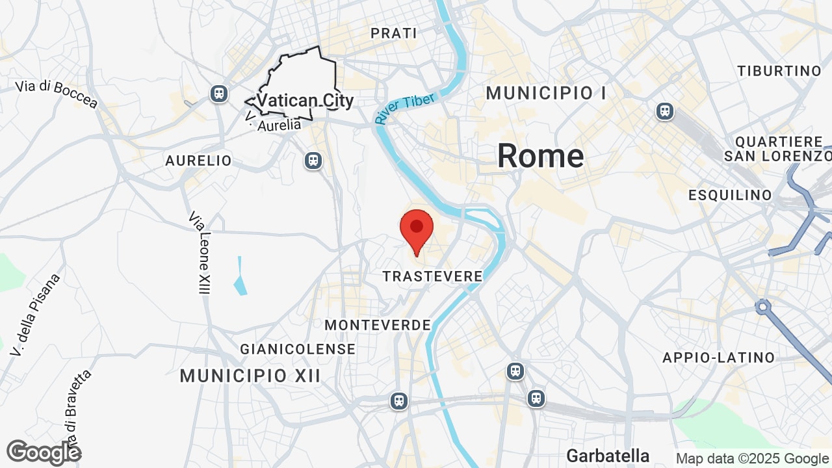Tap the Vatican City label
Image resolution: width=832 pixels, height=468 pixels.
pos(305,101)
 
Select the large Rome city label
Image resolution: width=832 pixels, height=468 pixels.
pos(540,156)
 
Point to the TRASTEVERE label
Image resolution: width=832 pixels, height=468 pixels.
pos(432,276)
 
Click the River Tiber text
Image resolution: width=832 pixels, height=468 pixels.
pos(404,109)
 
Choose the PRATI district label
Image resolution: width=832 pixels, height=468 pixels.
pos(393,33)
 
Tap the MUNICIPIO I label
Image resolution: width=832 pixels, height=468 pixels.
pos(546,93)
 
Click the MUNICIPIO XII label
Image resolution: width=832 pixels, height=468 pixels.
pos(250,375)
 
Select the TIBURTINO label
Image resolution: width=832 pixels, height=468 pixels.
pos(779,71)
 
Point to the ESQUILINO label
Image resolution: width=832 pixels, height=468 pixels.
pos(730,195)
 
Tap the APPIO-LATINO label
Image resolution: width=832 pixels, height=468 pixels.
pos(718,357)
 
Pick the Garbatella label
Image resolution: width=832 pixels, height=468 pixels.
pos(608,456)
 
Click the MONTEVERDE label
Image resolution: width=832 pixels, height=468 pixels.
pos(378,325)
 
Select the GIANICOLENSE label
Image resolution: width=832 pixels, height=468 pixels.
pos(298,349)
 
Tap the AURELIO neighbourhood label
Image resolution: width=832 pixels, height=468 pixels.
pos(198,161)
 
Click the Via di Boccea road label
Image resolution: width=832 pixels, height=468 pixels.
pos(57,94)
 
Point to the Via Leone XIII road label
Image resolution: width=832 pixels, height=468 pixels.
pos(200,252)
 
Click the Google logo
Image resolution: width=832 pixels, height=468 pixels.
pos(44,452)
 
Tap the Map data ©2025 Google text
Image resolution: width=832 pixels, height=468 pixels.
pos(752,459)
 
